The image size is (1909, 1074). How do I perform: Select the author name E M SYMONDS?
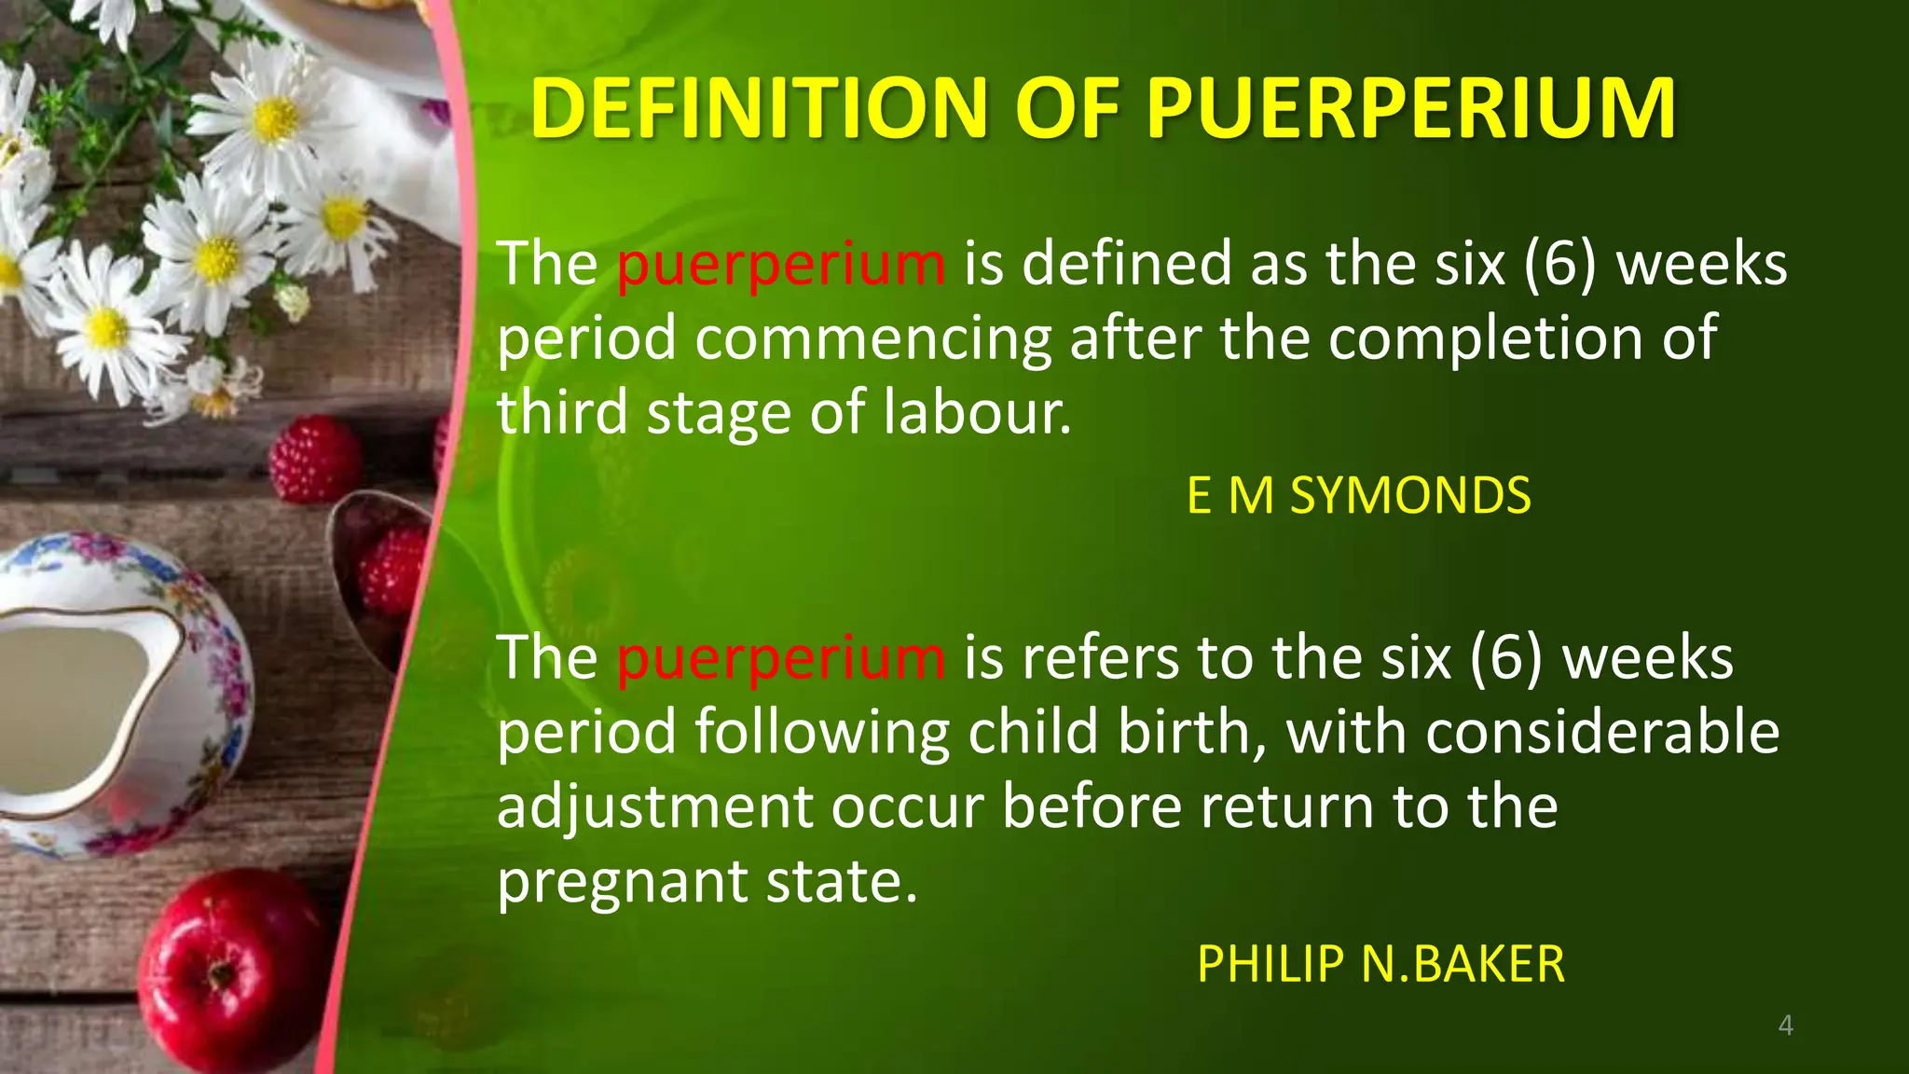[x=1358, y=495]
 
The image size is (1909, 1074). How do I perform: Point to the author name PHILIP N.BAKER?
[x=1380, y=963]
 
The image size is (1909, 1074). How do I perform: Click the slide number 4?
[x=1785, y=1026]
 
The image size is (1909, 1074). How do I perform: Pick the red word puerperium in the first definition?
[x=781, y=264]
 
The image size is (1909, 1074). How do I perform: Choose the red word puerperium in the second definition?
[x=781, y=658]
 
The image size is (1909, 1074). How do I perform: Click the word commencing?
[x=873, y=338]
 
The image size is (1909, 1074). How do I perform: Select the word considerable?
[x=1602, y=732]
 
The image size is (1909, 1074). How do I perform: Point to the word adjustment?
[x=654, y=806]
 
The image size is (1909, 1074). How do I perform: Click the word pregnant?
[x=623, y=882]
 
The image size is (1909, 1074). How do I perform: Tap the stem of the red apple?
[x=222, y=970]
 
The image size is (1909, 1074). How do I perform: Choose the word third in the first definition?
[x=563, y=412]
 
